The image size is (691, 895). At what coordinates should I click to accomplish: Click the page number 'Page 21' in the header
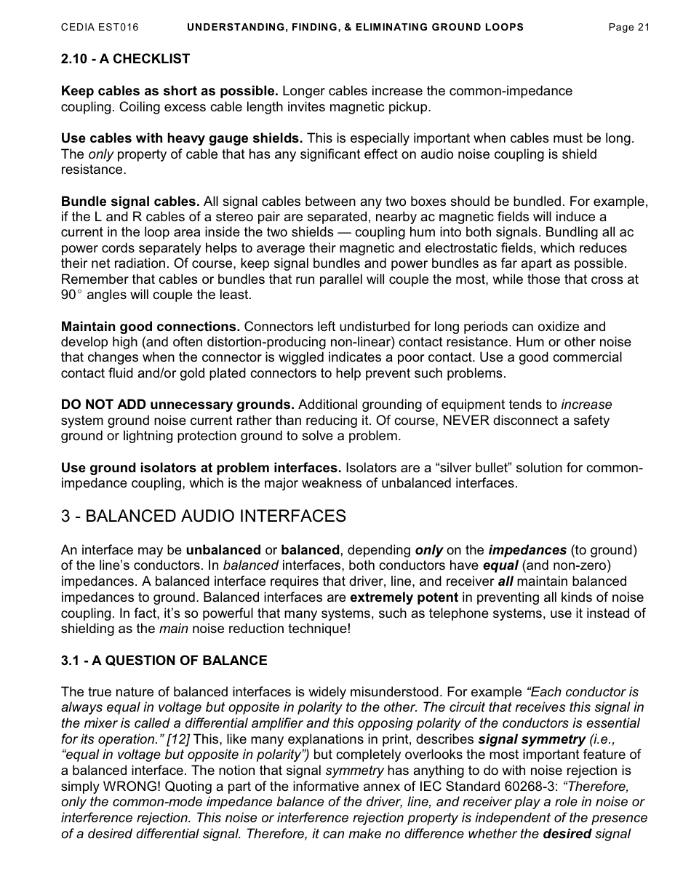(x=628, y=28)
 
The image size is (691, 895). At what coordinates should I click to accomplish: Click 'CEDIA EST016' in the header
(x=100, y=28)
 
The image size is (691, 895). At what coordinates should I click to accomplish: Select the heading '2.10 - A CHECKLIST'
(x=125, y=59)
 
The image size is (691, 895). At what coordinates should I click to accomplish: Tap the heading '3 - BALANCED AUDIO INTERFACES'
(x=203, y=517)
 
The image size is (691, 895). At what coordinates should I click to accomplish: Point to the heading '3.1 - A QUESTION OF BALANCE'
(x=164, y=661)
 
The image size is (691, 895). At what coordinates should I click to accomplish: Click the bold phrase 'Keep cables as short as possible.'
(x=169, y=91)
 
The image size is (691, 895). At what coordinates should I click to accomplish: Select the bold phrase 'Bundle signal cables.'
(x=130, y=202)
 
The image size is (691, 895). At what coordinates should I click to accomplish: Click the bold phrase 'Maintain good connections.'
(x=151, y=327)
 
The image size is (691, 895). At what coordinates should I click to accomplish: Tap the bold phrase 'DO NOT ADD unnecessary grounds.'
(x=177, y=405)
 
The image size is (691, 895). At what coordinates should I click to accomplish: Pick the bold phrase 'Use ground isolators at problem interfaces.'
(x=201, y=468)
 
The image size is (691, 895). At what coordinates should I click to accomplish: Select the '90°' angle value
(x=71, y=295)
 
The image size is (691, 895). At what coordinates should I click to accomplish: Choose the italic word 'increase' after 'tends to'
(x=586, y=405)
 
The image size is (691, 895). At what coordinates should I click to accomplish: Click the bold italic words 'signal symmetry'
(x=532, y=739)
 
